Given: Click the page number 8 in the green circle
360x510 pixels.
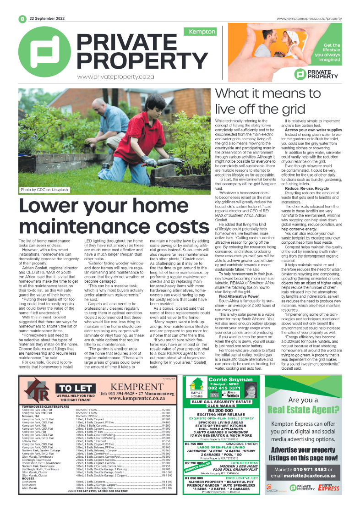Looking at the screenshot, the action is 22,19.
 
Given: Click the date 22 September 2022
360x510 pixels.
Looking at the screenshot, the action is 46,19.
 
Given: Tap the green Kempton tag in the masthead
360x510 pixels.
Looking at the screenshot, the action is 199,32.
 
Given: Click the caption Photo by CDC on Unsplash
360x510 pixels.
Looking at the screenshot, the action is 44,189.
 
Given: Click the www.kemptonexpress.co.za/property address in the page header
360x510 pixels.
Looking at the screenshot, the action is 310,19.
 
